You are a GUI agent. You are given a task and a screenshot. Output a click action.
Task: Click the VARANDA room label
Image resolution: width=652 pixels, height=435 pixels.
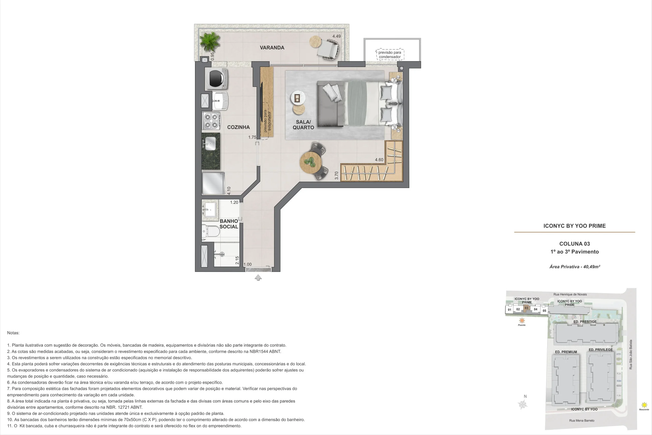pyautogui.click(x=272, y=48)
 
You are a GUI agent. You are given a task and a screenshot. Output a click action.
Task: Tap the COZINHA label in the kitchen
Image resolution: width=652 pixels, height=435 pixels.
pyautogui.click(x=238, y=127)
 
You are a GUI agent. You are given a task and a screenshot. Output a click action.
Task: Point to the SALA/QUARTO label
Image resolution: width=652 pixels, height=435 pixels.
pyautogui.click(x=303, y=125)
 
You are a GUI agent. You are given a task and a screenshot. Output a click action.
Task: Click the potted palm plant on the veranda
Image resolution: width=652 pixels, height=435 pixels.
pyautogui.click(x=210, y=42)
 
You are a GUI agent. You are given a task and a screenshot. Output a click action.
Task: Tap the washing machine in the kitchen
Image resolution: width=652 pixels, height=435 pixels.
pyautogui.click(x=216, y=79)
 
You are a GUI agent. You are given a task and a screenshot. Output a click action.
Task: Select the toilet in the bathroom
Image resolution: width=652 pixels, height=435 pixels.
pyautogui.click(x=211, y=231)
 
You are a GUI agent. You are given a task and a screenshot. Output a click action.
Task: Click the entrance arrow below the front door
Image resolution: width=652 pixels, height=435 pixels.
pyautogui.click(x=258, y=278)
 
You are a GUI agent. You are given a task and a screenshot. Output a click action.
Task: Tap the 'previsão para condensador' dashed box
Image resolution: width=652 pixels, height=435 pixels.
pyautogui.click(x=390, y=55)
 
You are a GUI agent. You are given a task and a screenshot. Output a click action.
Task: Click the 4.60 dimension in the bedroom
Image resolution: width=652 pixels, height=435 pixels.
pyautogui.click(x=379, y=160)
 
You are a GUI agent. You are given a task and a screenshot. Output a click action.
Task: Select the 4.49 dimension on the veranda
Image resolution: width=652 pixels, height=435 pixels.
pyautogui.click(x=336, y=36)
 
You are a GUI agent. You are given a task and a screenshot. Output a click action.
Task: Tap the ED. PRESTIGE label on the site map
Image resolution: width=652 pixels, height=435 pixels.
pyautogui.click(x=585, y=322)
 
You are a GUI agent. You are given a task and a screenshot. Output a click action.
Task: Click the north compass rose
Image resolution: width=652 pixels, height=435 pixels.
pyautogui.click(x=523, y=405)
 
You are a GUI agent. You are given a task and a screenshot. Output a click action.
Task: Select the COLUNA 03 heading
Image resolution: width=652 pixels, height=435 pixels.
pyautogui.click(x=575, y=244)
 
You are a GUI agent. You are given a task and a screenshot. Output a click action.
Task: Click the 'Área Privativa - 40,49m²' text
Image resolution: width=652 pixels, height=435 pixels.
pyautogui.click(x=575, y=267)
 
